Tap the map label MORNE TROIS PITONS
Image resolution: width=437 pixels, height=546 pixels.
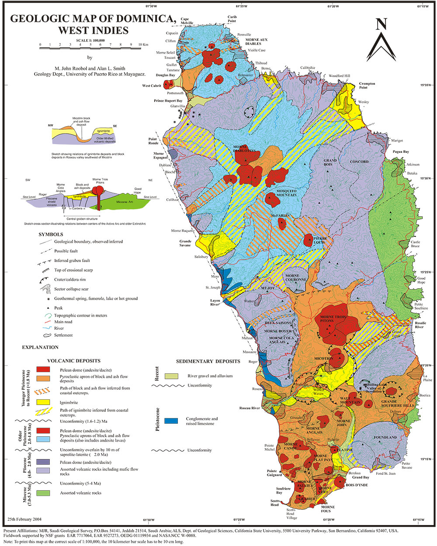[x=333, y=319]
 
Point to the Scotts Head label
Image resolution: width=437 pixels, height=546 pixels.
[x=274, y=503]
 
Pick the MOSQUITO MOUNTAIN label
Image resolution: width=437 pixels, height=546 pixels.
[x=286, y=193]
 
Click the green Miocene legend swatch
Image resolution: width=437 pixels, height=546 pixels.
[x=42, y=493]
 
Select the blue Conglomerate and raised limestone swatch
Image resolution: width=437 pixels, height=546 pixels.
[x=171, y=421]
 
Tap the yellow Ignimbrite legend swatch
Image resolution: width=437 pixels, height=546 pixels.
[x=42, y=402]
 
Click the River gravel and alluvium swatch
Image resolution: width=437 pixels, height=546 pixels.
[x=171, y=376]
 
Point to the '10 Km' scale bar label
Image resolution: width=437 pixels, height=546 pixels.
[x=143, y=45]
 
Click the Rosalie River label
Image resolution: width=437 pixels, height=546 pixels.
[x=419, y=325]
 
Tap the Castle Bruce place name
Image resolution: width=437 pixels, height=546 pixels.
[x=415, y=244]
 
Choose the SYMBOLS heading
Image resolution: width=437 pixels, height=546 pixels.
[x=51, y=235]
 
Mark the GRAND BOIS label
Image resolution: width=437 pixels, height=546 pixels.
[x=330, y=162]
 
